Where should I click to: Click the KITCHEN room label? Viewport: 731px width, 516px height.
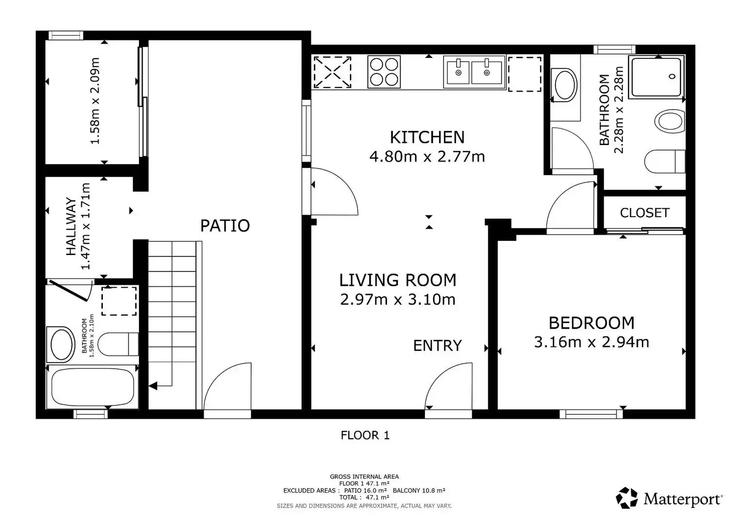(x=427, y=137)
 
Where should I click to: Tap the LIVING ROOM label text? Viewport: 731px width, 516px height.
(x=398, y=280)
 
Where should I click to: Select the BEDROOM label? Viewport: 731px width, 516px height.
(x=591, y=323)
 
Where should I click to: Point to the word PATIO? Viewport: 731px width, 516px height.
(x=225, y=225)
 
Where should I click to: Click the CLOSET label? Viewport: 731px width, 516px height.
(x=645, y=213)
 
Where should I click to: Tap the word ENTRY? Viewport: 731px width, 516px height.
(x=437, y=346)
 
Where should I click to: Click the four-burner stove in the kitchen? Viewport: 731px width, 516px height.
(x=384, y=72)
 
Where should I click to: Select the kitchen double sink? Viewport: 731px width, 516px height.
(x=474, y=72)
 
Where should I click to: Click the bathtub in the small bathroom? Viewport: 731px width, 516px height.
(x=93, y=387)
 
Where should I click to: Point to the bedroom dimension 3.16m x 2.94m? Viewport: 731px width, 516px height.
(x=591, y=342)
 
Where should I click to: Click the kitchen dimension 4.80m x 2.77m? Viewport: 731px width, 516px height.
(x=427, y=157)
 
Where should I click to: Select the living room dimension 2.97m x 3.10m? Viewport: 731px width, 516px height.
(x=398, y=299)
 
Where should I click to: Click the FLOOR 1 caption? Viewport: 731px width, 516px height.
(x=365, y=436)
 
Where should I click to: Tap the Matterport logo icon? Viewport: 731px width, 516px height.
(x=627, y=498)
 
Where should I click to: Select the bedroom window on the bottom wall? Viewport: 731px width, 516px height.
(x=591, y=414)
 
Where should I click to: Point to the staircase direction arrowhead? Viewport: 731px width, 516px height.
(x=153, y=386)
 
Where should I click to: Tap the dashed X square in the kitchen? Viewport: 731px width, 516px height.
(x=332, y=72)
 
